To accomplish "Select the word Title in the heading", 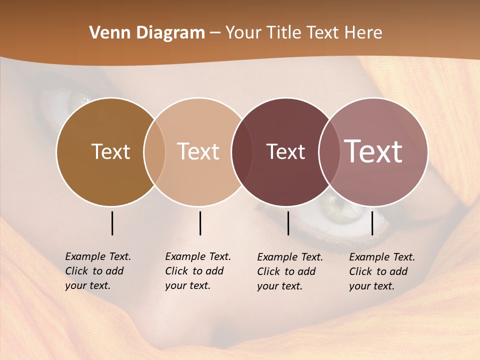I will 284,33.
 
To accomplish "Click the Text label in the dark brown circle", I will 110,151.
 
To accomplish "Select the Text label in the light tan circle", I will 198,151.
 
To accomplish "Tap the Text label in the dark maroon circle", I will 285,151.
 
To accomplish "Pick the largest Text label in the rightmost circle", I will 373,151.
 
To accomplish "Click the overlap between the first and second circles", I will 154,151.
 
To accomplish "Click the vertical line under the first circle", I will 112,223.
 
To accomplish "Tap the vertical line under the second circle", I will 200,223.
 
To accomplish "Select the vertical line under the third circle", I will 288,223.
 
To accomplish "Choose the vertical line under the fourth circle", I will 372,223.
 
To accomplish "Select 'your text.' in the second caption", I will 187,285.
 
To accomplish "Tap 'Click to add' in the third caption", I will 286,271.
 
